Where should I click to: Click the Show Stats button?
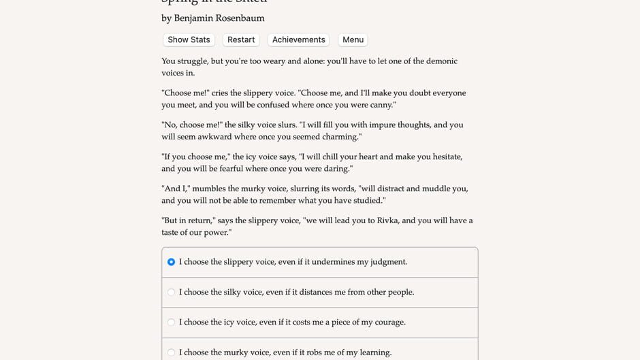(189, 40)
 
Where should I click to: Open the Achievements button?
(298, 40)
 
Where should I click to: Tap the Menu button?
(353, 40)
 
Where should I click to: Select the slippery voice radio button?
(171, 262)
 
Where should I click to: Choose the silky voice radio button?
(171, 293)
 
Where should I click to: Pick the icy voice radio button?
(171, 323)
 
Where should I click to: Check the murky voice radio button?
(171, 353)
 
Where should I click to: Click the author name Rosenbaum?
(240, 18)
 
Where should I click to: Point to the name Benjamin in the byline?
(194, 18)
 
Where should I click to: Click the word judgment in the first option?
(386, 262)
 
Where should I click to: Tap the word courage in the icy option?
(385, 323)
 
